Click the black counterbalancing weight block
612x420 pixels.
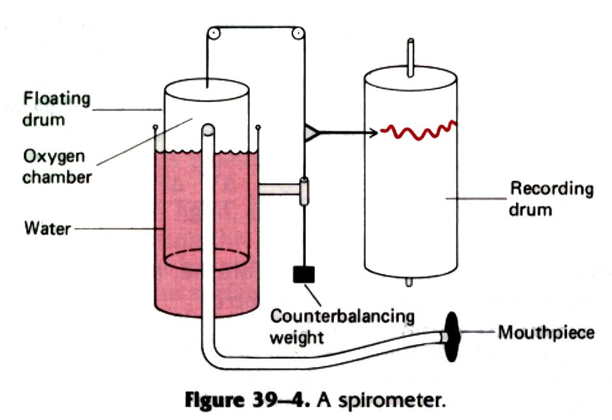(x=303, y=274)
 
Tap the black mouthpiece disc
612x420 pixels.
(x=452, y=336)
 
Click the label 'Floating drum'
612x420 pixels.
(x=57, y=109)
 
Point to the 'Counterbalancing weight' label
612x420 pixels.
(x=342, y=325)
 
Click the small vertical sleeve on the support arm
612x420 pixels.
(x=304, y=191)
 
